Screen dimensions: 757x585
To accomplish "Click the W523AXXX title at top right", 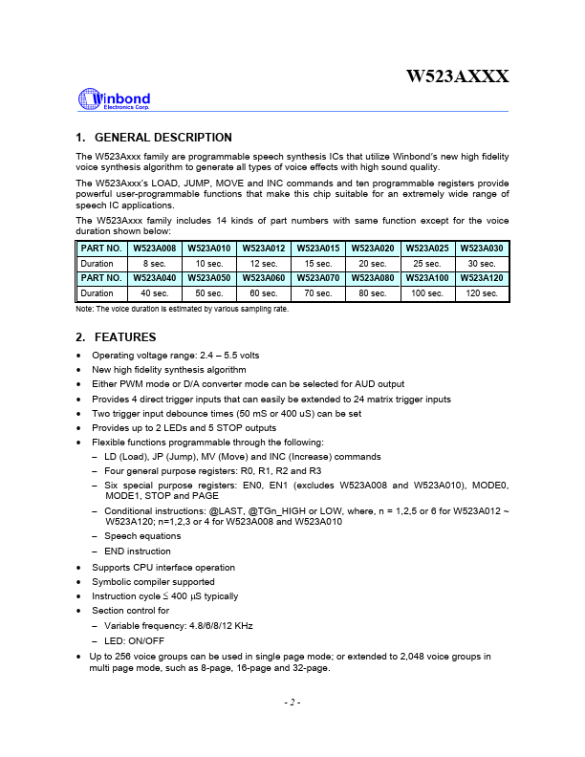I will (457, 76).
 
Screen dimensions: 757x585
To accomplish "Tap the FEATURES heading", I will (122, 337).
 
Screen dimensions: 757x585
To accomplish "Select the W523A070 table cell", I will (319, 278).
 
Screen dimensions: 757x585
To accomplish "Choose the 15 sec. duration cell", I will (319, 263).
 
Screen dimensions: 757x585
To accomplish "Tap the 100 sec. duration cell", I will (427, 293).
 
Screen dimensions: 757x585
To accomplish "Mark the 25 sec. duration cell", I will (427, 263).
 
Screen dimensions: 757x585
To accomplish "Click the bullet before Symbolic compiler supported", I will (78, 582).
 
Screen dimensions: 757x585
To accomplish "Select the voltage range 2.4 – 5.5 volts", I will (221, 356).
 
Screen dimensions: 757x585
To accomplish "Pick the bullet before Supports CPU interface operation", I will (78, 568).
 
